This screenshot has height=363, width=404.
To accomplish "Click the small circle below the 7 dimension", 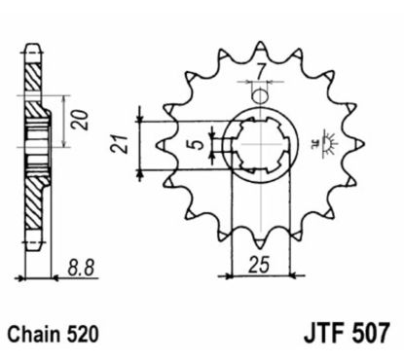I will click(258, 95).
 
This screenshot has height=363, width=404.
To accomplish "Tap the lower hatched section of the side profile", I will click(33, 209).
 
